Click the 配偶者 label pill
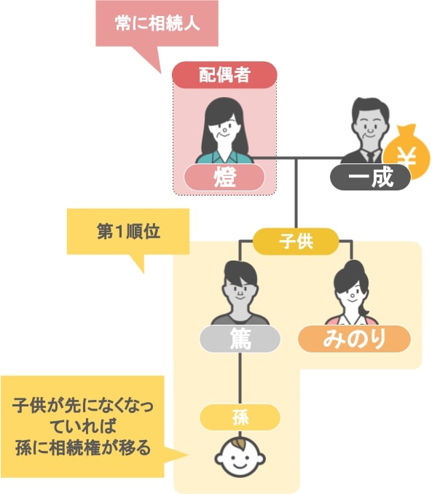(224, 75)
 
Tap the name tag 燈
(224, 177)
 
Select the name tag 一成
(370, 177)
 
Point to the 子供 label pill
(296, 242)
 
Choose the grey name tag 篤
(240, 339)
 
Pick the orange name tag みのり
(354, 339)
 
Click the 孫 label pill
(240, 417)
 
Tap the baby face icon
(240, 457)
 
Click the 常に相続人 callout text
(157, 23)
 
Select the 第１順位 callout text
(128, 231)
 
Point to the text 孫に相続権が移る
(83, 448)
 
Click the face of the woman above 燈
(224, 128)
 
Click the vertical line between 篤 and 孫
(240, 379)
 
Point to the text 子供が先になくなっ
(83, 406)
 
